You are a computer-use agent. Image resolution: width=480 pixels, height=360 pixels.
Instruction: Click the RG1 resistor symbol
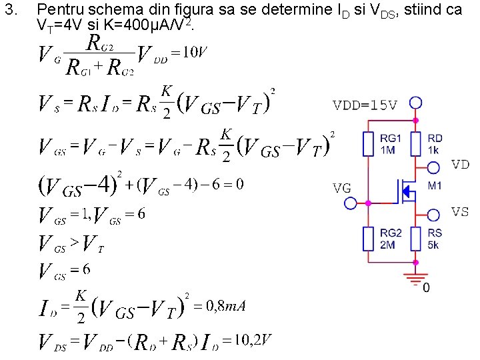[368, 143]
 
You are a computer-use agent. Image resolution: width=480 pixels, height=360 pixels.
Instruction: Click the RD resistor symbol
[416, 143]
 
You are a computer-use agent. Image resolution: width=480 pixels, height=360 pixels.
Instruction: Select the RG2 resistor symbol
[368, 238]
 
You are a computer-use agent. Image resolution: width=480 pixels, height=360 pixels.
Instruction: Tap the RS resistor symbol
[416, 238]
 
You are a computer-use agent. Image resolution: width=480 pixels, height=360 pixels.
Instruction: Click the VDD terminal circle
[416, 103]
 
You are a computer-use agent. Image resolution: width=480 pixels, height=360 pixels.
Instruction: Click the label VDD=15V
[365, 105]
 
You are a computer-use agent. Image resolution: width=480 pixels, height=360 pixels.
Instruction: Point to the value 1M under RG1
[388, 149]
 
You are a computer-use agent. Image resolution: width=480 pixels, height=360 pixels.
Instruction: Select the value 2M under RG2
[388, 245]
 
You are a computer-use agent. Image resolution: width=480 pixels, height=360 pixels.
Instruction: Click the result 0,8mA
[226, 306]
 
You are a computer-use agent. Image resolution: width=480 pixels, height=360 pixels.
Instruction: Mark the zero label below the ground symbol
[426, 288]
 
